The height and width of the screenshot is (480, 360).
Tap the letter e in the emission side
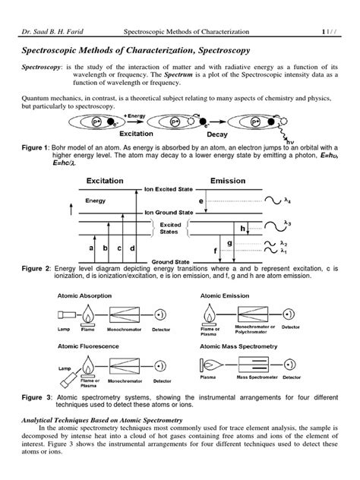pos(201,199)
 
